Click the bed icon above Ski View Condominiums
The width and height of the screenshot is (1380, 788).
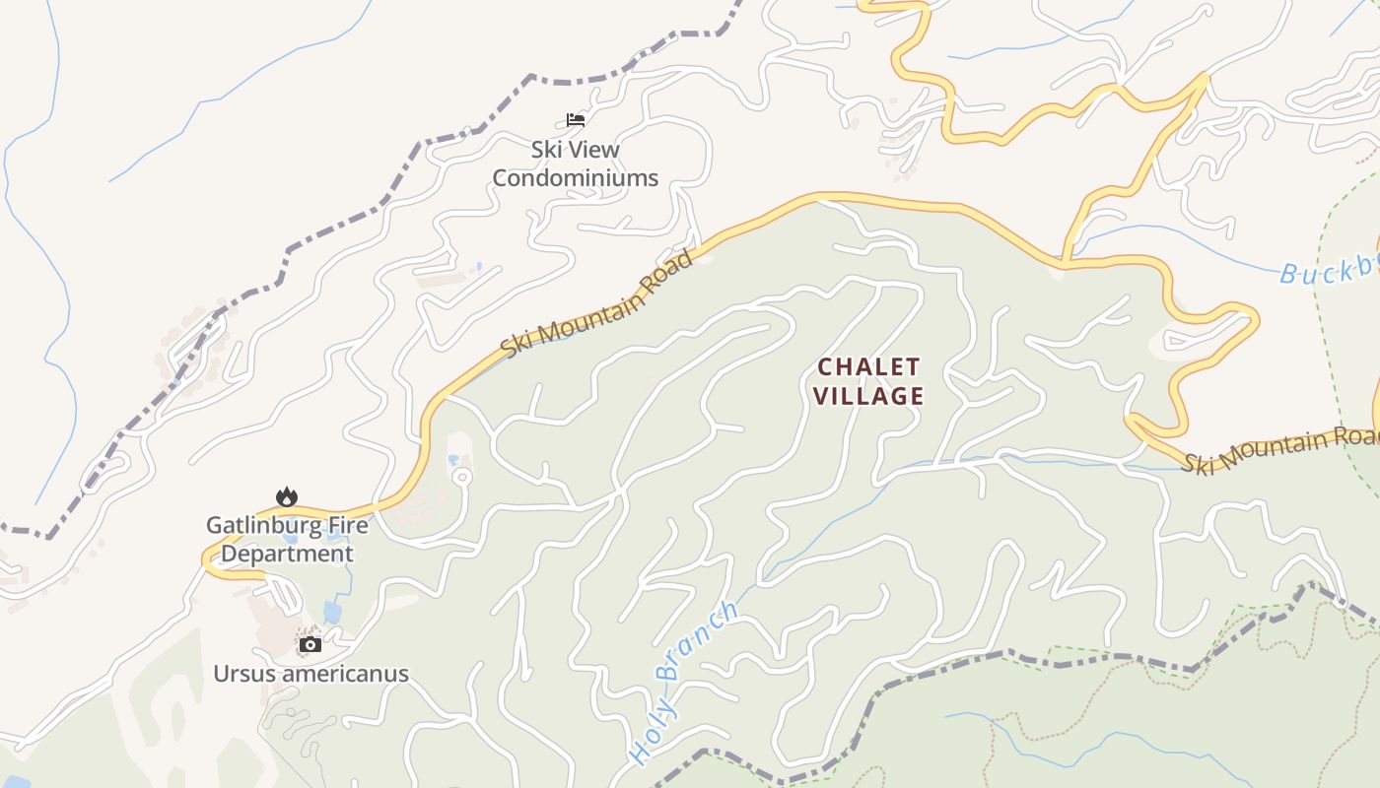(576, 120)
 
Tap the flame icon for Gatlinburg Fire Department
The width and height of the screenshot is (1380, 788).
(286, 496)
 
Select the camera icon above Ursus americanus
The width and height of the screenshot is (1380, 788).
(310, 645)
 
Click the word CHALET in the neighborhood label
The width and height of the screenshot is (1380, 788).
(869, 367)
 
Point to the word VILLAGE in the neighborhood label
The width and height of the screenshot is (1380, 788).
(871, 397)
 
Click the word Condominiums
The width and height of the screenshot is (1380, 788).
(575, 178)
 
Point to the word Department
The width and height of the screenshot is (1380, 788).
(286, 554)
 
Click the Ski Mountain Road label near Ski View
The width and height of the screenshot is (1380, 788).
(597, 303)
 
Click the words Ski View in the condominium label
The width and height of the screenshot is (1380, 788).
(575, 150)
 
